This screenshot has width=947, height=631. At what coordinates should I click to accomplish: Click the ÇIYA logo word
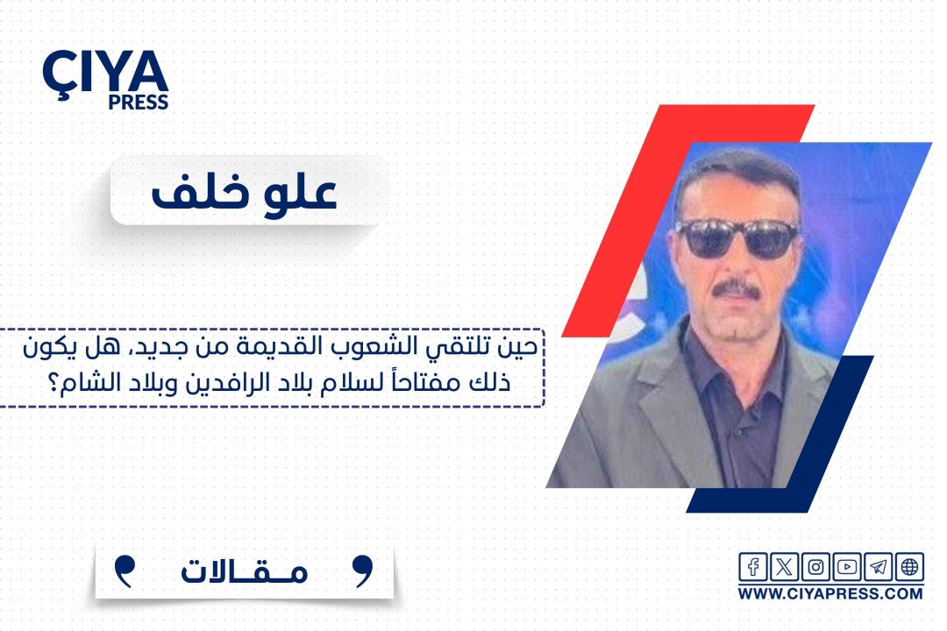105,72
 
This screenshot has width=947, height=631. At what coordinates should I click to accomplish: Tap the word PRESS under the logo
139,102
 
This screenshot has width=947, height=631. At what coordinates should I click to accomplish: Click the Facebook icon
753,567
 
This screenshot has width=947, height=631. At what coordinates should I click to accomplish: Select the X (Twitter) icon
784,567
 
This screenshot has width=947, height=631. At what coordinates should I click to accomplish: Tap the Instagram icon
815,567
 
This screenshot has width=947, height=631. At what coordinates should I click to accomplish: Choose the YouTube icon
847,567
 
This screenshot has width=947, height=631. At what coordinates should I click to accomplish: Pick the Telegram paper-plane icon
878,567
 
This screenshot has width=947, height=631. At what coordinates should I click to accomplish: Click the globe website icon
909,567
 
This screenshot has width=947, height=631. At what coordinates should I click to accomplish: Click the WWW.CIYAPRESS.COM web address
830,593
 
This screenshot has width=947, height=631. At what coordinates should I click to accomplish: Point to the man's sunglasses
737,238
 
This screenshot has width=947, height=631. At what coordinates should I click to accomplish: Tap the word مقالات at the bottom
244,571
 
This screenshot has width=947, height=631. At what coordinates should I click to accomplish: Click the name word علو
299,192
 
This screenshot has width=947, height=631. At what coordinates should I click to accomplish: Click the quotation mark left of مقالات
125,571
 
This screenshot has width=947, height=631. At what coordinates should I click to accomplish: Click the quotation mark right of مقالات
363,571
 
